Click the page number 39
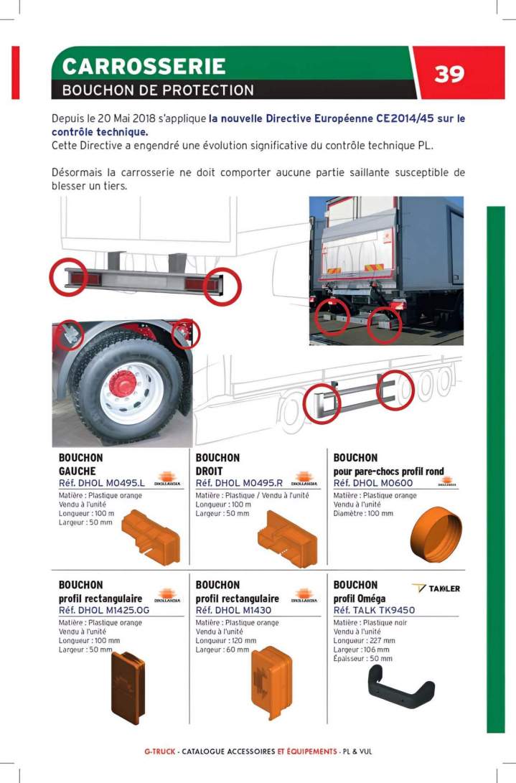pyautogui.click(x=449, y=73)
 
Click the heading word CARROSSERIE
pyautogui.click(x=144, y=66)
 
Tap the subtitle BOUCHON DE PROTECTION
pyautogui.click(x=158, y=90)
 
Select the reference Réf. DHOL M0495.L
pyautogui.click(x=102, y=483)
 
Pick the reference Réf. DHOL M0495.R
pyautogui.click(x=240, y=483)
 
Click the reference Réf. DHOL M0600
pyautogui.click(x=372, y=483)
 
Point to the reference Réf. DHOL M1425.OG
pyautogui.click(x=104, y=610)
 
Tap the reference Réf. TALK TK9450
pyautogui.click(x=374, y=610)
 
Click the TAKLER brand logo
pyautogui.click(x=436, y=589)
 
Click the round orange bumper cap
pyautogui.click(x=431, y=538)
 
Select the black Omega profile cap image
pyautogui.click(x=400, y=687)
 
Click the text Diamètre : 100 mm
pyautogui.click(x=363, y=514)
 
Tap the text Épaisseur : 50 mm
pyautogui.click(x=363, y=658)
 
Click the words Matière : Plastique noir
pyautogui.click(x=371, y=623)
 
